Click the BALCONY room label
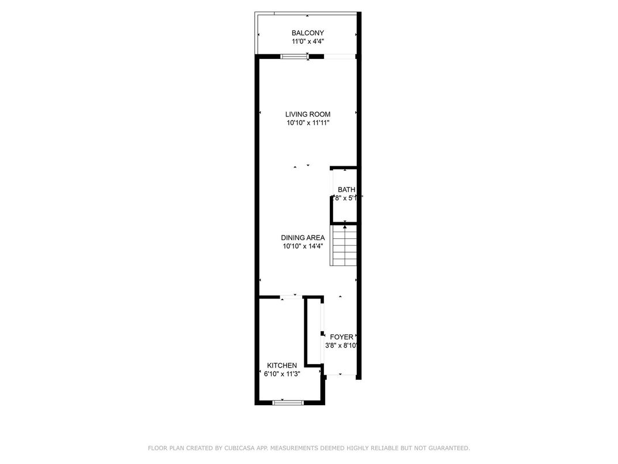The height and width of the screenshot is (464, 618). pos(307,33)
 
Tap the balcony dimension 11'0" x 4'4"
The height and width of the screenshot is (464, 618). pos(307,42)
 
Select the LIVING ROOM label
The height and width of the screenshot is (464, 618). pos(307,114)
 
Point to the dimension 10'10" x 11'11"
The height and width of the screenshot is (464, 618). pos(307,123)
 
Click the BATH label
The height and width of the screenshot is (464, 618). pos(346,190)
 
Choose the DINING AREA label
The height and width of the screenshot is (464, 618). pos(303,238)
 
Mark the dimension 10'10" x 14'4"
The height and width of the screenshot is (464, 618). pos(303,246)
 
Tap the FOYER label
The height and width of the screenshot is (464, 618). pos(341,337)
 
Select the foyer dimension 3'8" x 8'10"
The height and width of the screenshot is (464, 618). pos(342,346)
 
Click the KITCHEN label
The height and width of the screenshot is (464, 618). pos(282,365)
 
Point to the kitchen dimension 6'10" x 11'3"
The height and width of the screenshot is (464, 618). pos(282,374)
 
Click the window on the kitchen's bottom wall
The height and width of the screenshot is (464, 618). pos(288,402)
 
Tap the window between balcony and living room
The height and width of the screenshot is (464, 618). pos(294,56)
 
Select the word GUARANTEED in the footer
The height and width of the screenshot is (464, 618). pos(448,448)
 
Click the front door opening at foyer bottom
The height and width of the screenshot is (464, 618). pos(340,376)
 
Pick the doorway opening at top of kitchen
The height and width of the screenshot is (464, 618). pos(288,297)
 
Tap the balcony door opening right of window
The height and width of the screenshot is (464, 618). pos(339,56)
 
